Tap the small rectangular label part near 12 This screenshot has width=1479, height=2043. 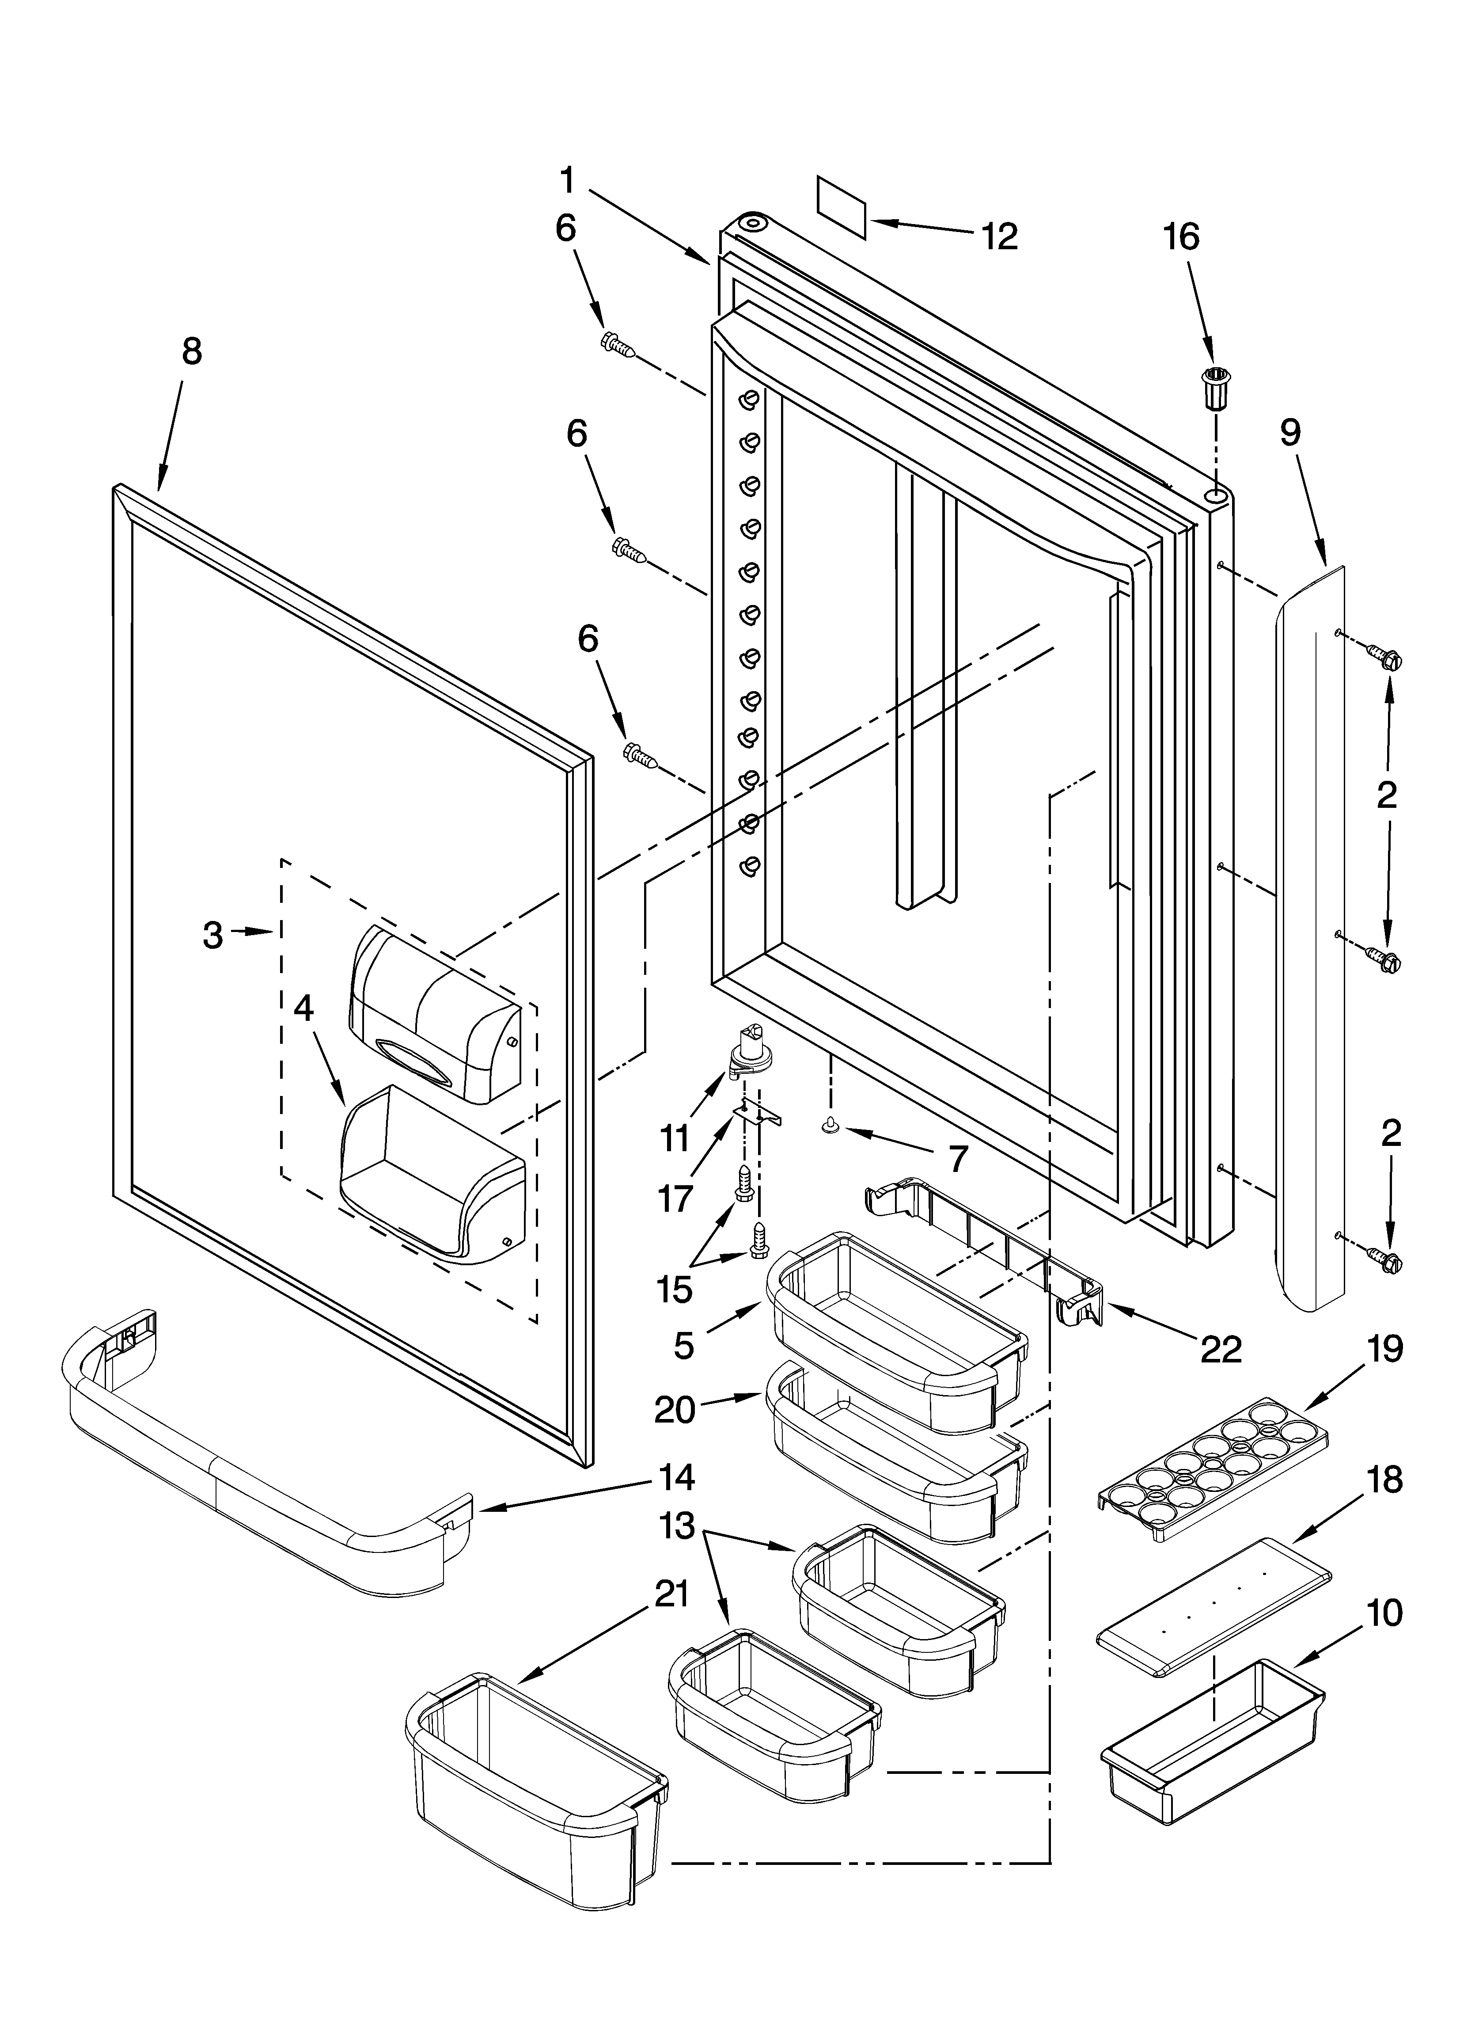click(841, 208)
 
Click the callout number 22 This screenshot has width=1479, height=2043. click(1221, 1348)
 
